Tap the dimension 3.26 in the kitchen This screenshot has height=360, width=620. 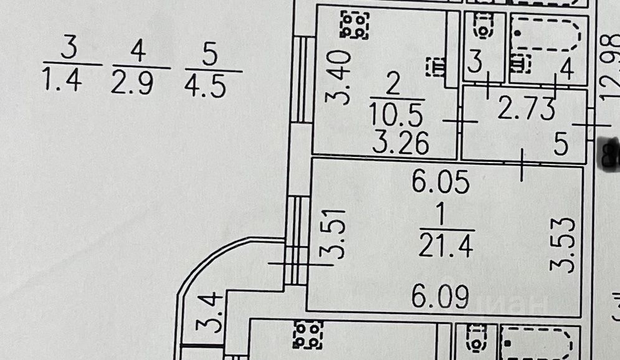click(x=401, y=144)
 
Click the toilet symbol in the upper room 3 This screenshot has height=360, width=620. click(x=484, y=26)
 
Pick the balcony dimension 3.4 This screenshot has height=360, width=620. click(x=207, y=314)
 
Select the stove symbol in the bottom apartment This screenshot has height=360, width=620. click(x=308, y=334)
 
